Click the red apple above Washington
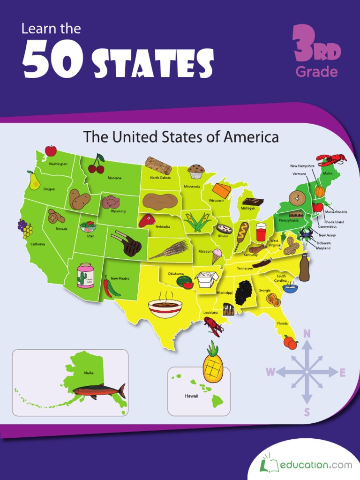tap(51, 150)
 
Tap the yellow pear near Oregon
tap(34, 181)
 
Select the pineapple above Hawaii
tap(212, 363)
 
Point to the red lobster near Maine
tap(331, 159)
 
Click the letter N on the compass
tap(307, 333)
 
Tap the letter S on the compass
tap(307, 412)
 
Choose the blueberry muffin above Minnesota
tap(195, 171)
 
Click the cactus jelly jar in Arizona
tap(85, 275)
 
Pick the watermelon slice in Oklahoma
tap(185, 282)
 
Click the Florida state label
tap(282, 323)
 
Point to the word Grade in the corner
tap(316, 72)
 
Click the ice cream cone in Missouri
tap(217, 256)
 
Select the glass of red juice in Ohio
tap(261, 232)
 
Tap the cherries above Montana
tap(97, 164)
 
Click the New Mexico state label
tap(120, 278)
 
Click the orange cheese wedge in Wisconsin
tap(221, 190)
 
